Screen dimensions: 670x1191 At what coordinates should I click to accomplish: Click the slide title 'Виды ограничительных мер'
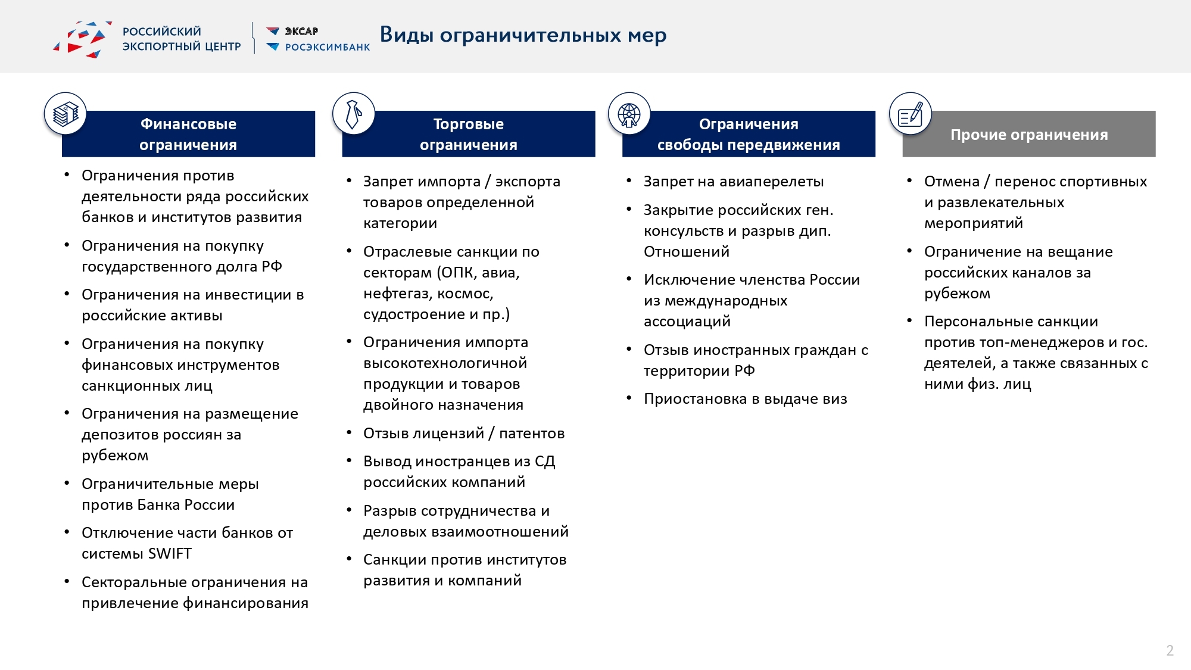coord(523,35)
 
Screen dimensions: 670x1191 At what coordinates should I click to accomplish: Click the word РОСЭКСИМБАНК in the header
coord(327,47)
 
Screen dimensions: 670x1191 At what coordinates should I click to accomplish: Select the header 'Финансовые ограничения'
coord(188,134)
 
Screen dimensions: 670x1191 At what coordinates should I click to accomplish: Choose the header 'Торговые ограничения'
coord(468,134)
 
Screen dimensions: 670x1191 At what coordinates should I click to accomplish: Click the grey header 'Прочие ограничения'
coord(1028,135)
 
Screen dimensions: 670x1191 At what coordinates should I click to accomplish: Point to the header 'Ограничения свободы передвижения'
coord(748,134)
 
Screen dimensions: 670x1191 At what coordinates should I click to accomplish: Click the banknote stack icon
coord(66,113)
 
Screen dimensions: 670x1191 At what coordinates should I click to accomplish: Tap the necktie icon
coord(353,113)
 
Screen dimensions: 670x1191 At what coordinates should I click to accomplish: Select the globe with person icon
coord(629,114)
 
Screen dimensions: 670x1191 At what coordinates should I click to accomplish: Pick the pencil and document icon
coord(910,114)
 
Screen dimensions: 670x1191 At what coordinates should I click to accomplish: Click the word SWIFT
coord(170,554)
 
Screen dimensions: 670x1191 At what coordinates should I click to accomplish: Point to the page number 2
coord(1170,650)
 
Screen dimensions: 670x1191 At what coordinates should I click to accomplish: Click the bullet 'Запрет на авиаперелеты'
coord(733,182)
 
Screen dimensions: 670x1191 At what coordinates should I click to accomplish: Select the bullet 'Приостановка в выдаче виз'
coord(745,399)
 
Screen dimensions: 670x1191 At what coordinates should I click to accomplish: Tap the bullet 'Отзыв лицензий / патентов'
coord(463,434)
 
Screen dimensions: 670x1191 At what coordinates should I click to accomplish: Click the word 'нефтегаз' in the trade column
coord(395,294)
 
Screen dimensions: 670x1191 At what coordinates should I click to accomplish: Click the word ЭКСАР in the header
coord(301,32)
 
